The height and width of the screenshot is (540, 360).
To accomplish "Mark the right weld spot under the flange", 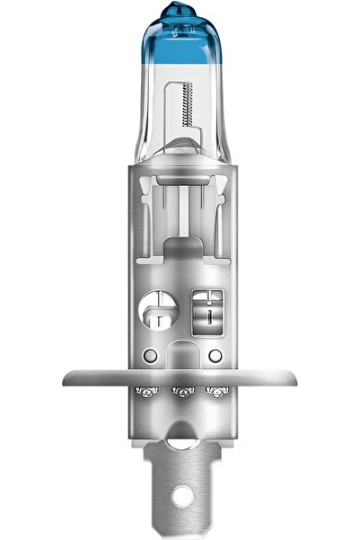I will pos(214,393).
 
